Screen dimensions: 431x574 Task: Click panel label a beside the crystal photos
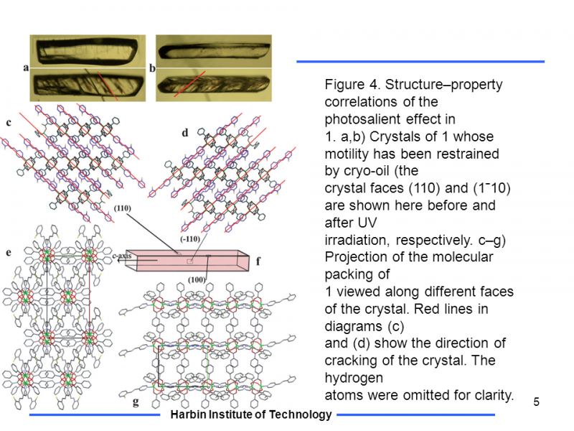point(26,68)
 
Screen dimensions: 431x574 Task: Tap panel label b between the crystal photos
point(152,68)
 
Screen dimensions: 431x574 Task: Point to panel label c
point(9,123)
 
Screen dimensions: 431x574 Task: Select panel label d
point(184,132)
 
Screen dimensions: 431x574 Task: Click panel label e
point(8,253)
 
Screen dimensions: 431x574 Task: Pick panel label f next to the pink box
point(258,261)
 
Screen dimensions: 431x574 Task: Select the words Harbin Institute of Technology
point(250,414)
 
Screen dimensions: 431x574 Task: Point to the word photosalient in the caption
point(359,119)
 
